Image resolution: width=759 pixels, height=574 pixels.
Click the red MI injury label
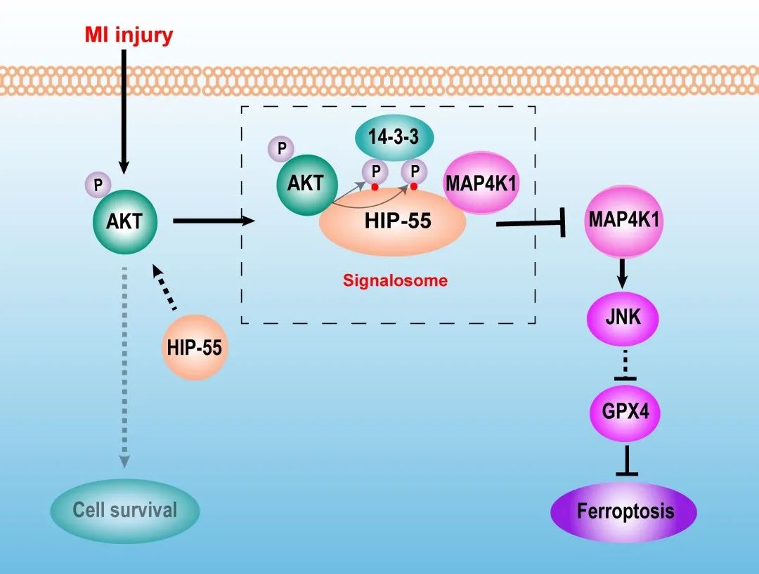click(x=128, y=35)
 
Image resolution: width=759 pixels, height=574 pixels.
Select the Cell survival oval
click(x=125, y=510)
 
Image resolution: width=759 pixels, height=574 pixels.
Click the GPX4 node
click(x=625, y=410)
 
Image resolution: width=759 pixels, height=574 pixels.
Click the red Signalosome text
click(x=395, y=281)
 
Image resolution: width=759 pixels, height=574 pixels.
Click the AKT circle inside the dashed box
click(x=305, y=184)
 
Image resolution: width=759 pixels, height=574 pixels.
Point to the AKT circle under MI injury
click(x=124, y=222)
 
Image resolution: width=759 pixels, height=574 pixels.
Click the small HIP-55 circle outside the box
click(x=195, y=346)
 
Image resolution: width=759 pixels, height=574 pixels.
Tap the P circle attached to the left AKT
click(x=98, y=185)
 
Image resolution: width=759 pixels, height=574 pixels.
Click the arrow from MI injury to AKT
click(x=124, y=112)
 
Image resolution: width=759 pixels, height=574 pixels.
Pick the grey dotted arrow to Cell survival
click(x=124, y=365)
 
